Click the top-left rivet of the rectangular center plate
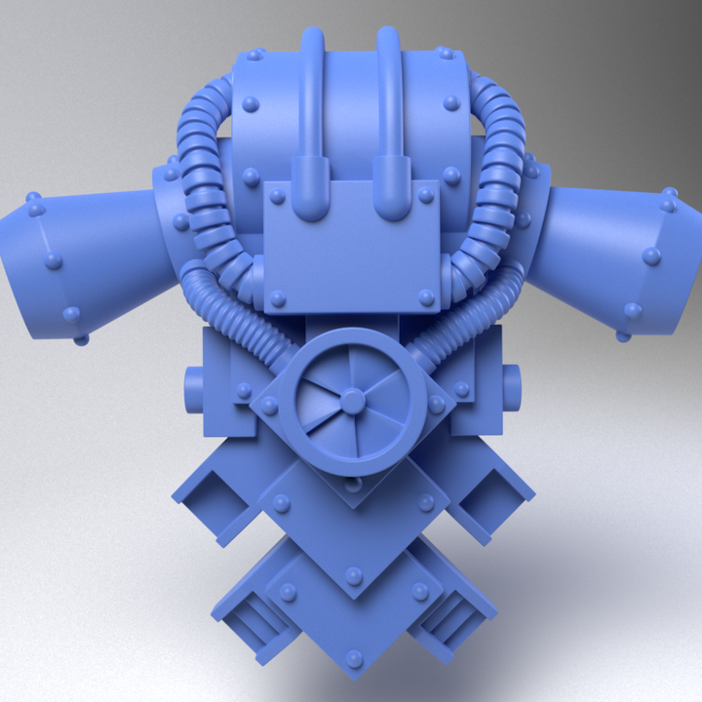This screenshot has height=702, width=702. point(278,196)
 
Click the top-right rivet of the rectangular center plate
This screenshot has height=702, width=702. point(425,196)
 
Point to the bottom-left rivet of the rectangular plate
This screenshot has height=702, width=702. point(278,297)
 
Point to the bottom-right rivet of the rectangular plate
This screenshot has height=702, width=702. point(425,296)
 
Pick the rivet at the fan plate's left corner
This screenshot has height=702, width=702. point(269,404)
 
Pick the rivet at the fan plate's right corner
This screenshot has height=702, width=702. point(437,404)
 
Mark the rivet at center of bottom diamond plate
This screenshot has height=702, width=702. point(354,576)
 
